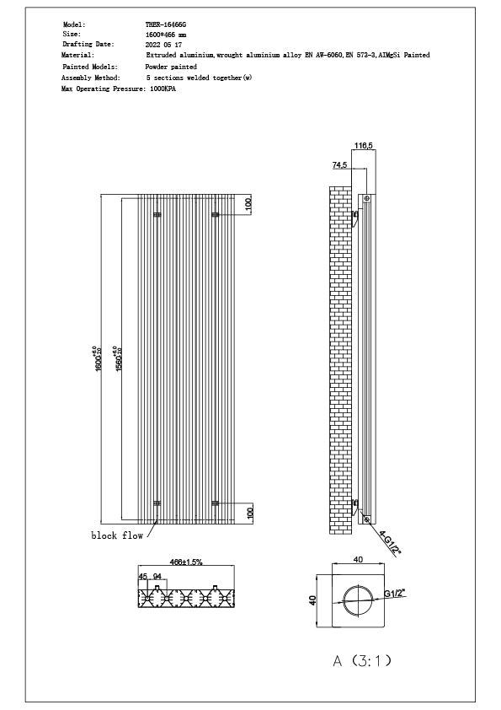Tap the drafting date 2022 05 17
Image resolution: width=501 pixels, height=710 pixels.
point(164,44)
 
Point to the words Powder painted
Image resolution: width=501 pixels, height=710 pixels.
point(172,66)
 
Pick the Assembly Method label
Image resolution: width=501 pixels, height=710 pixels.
point(91,77)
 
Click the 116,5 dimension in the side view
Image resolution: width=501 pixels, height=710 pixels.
point(364,147)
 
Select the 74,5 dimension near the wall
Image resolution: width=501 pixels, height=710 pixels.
point(340,165)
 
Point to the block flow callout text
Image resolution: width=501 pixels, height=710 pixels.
point(117,535)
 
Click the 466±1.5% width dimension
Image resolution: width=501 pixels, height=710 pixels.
point(186,561)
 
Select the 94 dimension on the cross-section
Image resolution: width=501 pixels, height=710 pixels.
point(157,577)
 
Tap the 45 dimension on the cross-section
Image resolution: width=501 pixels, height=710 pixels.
point(143,577)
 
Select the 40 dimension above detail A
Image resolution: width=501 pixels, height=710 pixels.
point(358,559)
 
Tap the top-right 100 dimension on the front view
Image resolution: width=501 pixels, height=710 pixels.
point(248,204)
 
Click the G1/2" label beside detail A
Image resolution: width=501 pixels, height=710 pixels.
point(397,594)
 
